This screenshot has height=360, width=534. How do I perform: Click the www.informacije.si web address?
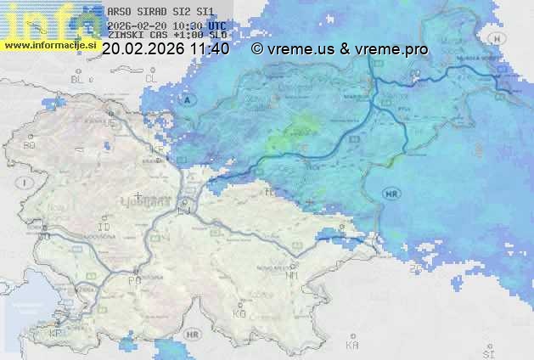coord(48,44)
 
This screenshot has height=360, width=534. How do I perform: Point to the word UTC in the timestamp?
coord(216,25)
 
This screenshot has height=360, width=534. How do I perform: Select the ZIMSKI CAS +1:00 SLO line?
coord(167,37)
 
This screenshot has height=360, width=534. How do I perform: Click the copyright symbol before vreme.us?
coord(256,49)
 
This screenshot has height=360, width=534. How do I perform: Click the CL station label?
coord(152,78)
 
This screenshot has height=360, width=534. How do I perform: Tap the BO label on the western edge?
coord(29,145)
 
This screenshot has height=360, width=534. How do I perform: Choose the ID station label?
coord(104,228)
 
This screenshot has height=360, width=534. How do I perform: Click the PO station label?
coord(133,279)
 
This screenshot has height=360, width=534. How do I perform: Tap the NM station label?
coord(293,275)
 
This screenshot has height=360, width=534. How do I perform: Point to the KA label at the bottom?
coord(352,345)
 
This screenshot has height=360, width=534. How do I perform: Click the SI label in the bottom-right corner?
coord(487,351)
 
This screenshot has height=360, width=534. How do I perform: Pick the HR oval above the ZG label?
coord(391,194)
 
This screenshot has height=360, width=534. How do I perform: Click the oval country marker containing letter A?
coord(188,100)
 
